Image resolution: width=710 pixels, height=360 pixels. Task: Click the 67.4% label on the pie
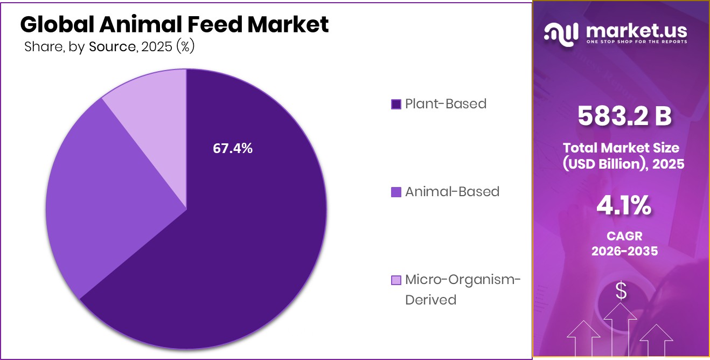click(x=233, y=149)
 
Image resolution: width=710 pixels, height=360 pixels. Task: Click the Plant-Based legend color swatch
click(x=396, y=104)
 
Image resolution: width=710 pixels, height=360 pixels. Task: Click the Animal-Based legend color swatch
click(x=396, y=192)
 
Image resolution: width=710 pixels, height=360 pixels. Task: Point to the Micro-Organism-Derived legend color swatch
click(x=396, y=280)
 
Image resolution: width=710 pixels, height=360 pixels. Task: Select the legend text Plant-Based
click(x=446, y=103)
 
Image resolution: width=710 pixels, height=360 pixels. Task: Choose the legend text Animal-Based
click(x=452, y=191)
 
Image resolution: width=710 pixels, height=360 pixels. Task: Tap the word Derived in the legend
click(x=430, y=300)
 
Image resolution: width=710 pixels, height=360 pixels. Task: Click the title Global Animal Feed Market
click(x=174, y=24)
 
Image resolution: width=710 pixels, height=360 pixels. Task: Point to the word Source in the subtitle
click(x=112, y=47)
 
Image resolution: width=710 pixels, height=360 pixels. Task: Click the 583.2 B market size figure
click(x=624, y=116)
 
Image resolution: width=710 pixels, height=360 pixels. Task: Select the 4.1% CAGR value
click(x=624, y=206)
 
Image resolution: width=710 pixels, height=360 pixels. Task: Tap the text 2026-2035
click(x=624, y=251)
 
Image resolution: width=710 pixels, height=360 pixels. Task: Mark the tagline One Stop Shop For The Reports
click(x=636, y=42)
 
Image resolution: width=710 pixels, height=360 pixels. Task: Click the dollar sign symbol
click(x=621, y=291)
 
